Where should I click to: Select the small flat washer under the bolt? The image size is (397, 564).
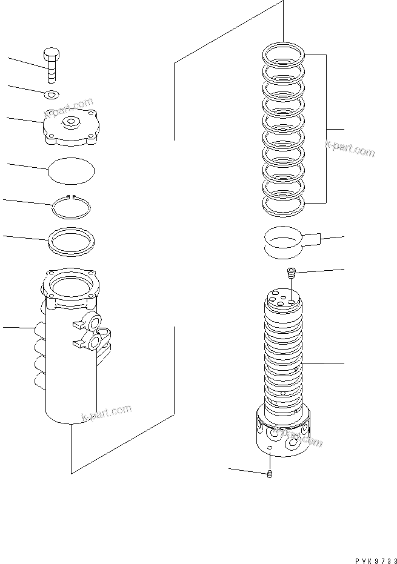(53, 93)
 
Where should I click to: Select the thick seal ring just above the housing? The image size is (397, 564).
(71, 240)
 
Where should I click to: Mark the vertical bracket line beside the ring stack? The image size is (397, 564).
(327, 128)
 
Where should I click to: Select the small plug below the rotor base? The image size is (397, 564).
(270, 474)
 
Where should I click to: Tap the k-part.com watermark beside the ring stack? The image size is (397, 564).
(350, 149)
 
